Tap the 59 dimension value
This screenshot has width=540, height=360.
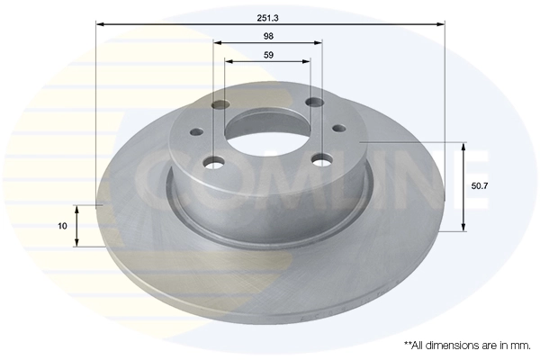click(x=267, y=55)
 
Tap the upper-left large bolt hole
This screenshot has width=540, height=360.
click(x=221, y=106)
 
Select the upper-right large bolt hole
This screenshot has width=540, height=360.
click(x=314, y=103)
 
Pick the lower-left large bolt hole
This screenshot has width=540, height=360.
click(x=213, y=163)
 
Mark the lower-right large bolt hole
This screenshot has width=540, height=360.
click(x=320, y=160)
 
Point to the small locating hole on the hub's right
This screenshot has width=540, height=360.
click(x=338, y=130)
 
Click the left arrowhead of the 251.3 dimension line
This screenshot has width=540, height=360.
click(x=99, y=23)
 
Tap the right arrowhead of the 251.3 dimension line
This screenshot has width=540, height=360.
click(x=441, y=23)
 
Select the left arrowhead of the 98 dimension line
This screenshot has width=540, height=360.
click(x=218, y=42)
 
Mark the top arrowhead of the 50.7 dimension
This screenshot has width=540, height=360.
click(x=463, y=145)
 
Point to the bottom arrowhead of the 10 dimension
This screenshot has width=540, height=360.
click(x=77, y=243)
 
